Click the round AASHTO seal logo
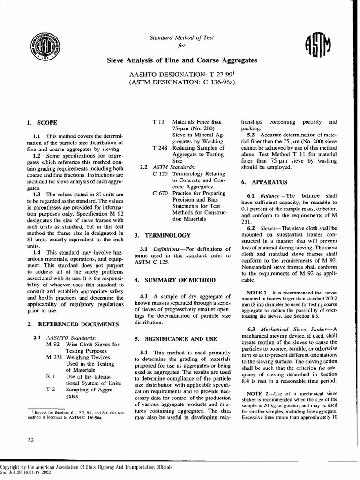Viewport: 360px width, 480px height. pos(46,47)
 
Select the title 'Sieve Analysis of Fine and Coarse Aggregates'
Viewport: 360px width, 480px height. pos(182,60)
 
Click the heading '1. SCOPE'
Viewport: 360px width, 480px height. pos(42,123)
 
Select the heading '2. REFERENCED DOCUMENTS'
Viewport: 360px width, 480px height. pos(72,323)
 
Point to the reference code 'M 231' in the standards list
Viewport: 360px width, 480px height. pos(55,357)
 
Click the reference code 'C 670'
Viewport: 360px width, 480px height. pos(160,193)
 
